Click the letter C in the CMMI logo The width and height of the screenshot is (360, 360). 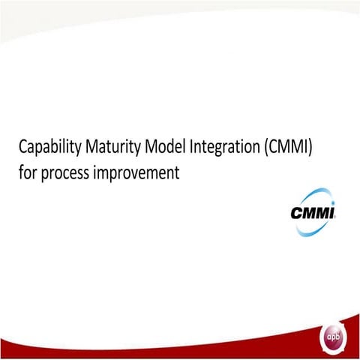click(298, 212)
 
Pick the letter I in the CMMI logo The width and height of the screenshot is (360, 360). click(330, 212)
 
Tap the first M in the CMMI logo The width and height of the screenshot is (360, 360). click(307, 212)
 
